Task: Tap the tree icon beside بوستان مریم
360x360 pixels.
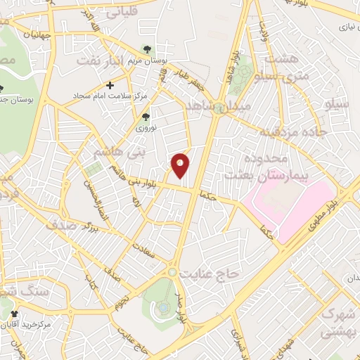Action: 146,49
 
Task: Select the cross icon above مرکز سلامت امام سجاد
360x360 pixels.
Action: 110,85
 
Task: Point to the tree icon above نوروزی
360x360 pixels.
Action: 146,117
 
